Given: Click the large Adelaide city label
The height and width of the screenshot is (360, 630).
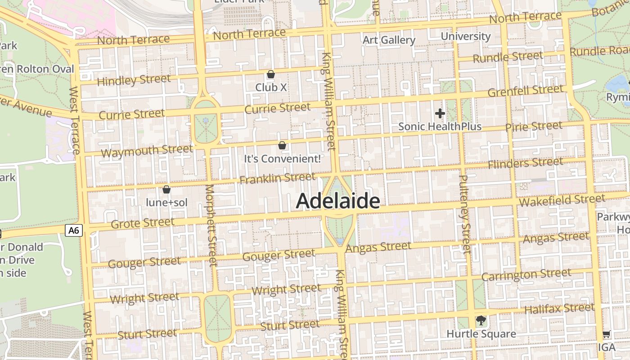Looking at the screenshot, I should [338, 201].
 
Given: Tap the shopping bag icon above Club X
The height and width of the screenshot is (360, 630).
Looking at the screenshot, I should [271, 74].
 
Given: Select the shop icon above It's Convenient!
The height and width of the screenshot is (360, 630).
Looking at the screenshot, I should [282, 145].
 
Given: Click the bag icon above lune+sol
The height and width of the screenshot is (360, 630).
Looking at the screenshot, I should [166, 189].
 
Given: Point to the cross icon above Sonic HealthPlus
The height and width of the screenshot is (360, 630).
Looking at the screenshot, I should [440, 113].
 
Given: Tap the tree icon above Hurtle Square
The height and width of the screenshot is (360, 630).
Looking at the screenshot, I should [481, 321].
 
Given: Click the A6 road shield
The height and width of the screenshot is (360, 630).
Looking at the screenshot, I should [74, 231].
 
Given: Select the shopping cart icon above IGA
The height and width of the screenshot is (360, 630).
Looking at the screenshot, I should [606, 334].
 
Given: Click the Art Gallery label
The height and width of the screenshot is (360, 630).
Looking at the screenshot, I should [389, 40].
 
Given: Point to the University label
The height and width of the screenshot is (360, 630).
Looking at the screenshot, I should [465, 36].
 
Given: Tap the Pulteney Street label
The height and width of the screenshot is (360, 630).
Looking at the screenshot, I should [464, 214].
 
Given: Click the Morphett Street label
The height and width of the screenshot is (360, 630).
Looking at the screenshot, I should [211, 225].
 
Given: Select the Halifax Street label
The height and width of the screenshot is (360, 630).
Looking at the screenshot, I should [559, 309].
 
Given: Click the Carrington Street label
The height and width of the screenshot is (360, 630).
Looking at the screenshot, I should [526, 274].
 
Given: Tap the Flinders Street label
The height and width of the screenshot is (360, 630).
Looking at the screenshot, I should [525, 162].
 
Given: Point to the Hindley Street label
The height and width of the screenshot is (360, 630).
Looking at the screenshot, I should [134, 80].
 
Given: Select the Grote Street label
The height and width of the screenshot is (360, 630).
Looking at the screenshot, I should [142, 223].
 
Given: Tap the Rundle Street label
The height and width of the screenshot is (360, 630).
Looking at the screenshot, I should [508, 57].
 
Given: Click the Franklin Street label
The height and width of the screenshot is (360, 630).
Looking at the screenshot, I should [277, 178].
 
